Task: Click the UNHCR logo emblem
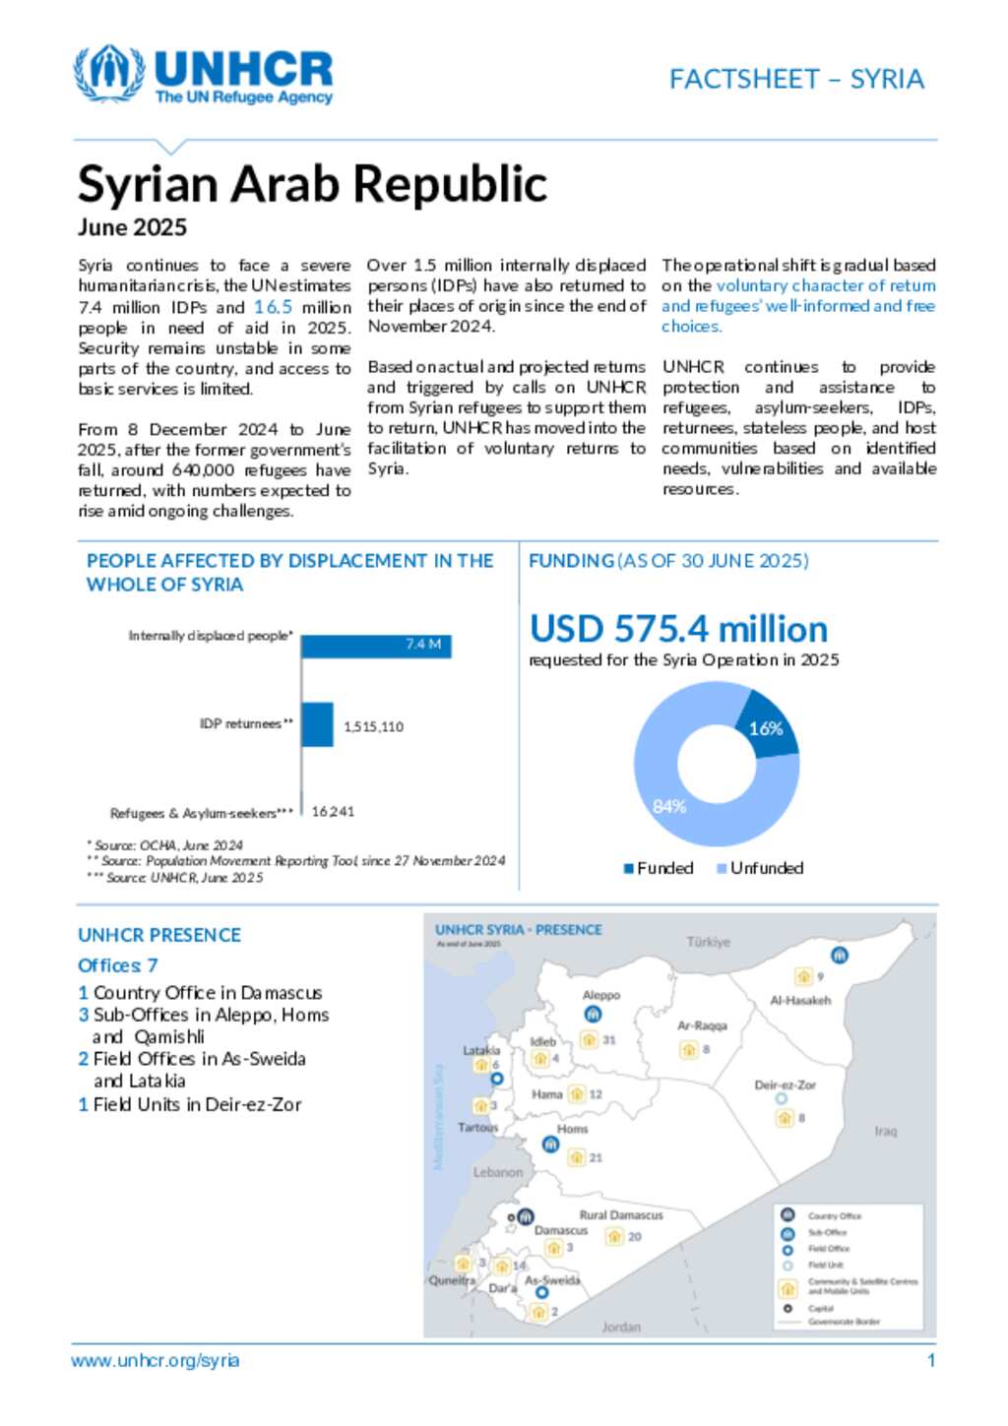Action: tap(108, 73)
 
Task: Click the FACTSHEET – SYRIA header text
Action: tap(796, 80)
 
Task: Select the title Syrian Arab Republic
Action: tap(312, 184)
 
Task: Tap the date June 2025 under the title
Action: tap(132, 227)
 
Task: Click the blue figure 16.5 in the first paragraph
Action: tap(273, 307)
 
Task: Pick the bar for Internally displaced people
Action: tap(376, 646)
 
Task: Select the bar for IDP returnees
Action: tap(318, 724)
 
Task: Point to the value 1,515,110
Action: tap(373, 727)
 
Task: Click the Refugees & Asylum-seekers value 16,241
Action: tap(333, 812)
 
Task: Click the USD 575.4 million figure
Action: tap(678, 629)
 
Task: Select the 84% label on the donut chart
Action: tap(669, 807)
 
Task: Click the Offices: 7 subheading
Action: tap(118, 965)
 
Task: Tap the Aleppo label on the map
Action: tap(601, 995)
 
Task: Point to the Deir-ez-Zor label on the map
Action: tap(785, 1085)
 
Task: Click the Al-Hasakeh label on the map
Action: tap(800, 1000)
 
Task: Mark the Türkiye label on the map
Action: tap(709, 942)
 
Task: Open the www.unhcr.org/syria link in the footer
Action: tap(155, 1361)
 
